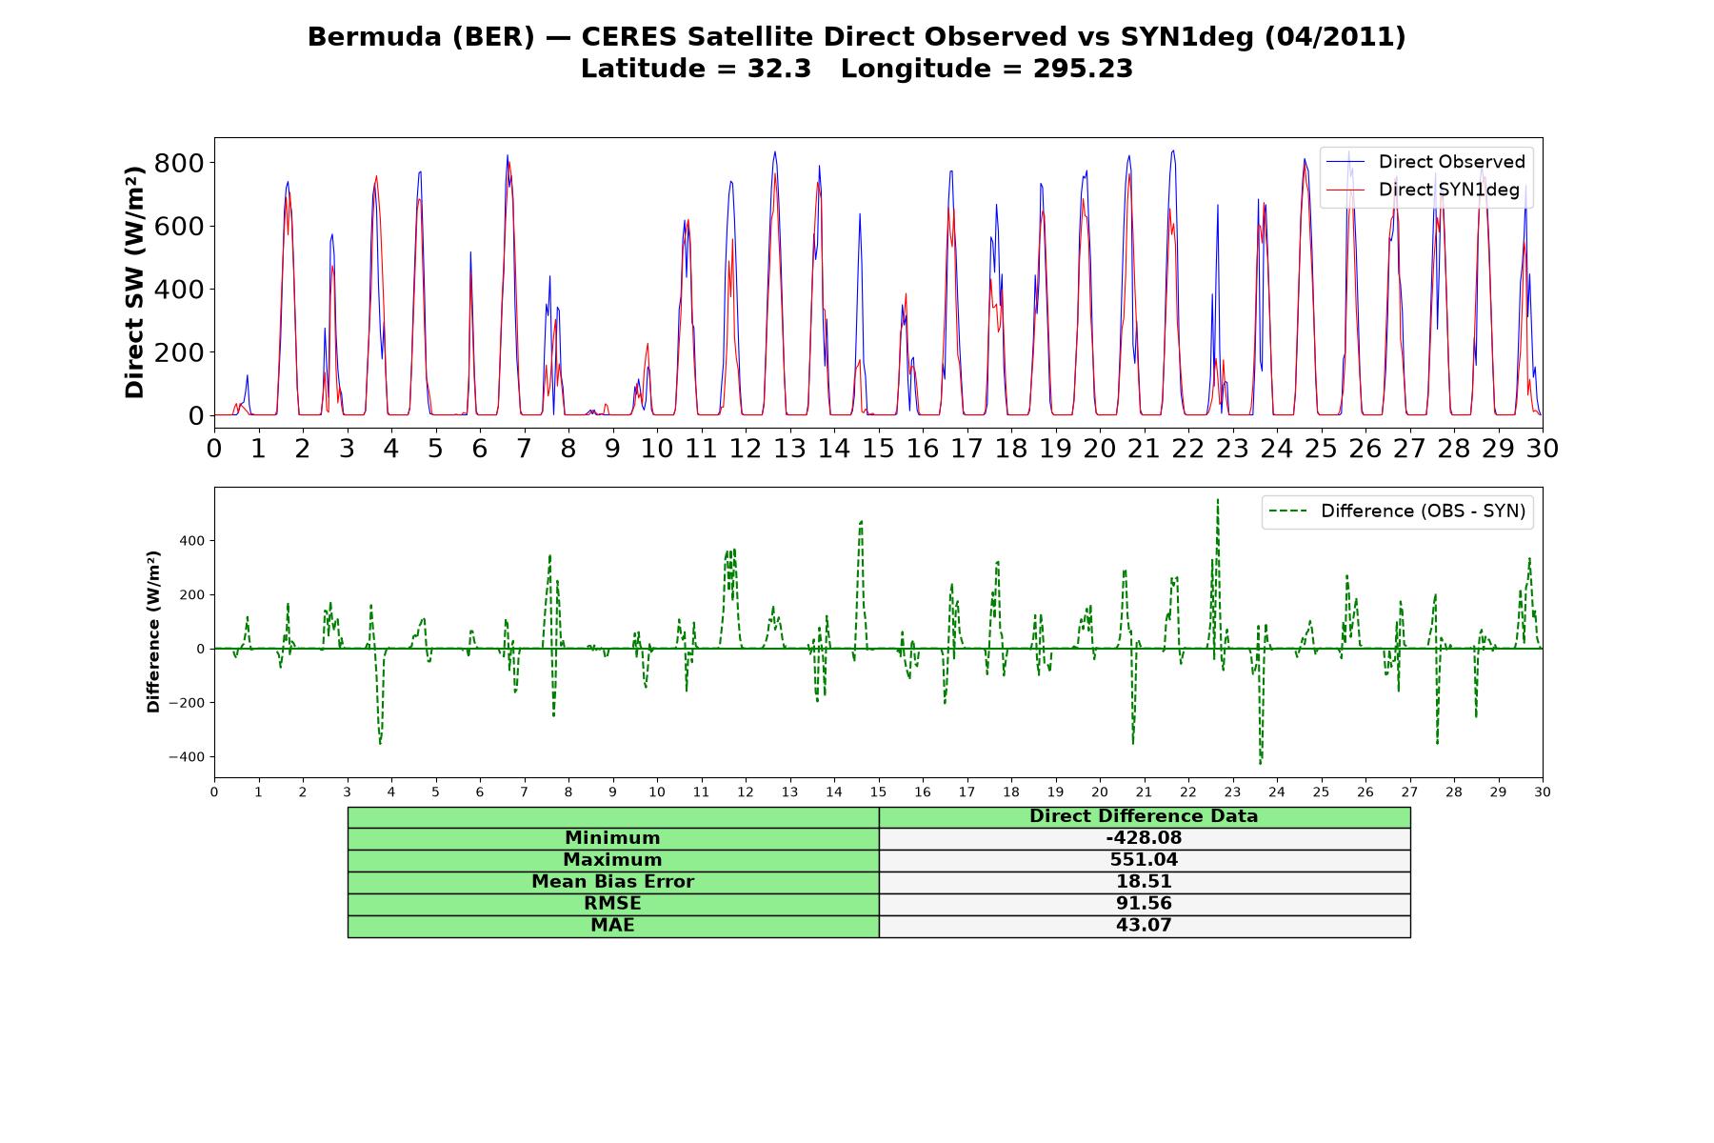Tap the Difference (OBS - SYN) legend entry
click(x=1397, y=511)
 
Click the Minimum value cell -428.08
click(x=1144, y=838)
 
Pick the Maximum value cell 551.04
click(x=1144, y=860)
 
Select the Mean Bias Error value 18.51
click(x=1144, y=882)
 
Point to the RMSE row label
click(x=612, y=904)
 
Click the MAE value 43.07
click(x=1144, y=926)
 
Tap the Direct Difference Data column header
click(x=1144, y=816)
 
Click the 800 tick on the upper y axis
click(x=178, y=163)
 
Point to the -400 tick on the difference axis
click(x=187, y=757)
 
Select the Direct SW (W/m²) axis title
click(x=134, y=282)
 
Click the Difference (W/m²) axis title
click(x=153, y=632)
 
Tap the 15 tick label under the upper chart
click(x=878, y=448)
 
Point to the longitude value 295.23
click(x=1083, y=69)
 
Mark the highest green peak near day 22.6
click(x=1217, y=499)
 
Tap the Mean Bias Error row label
click(x=612, y=882)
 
